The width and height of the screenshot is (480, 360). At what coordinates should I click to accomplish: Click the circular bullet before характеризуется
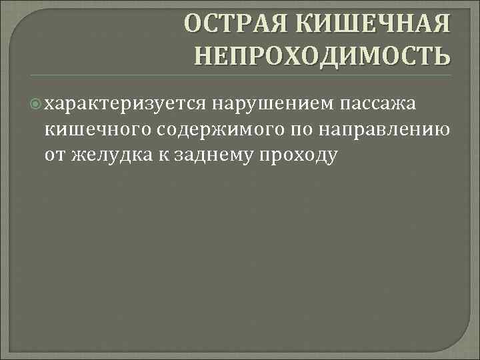pos(36,104)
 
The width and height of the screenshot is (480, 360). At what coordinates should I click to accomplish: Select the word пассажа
pos(378,104)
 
